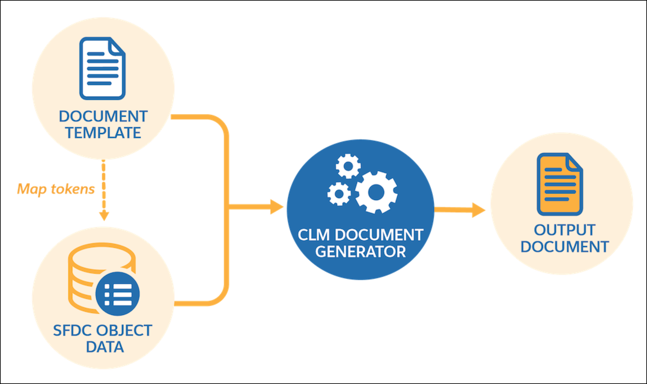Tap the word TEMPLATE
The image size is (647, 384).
[103, 133]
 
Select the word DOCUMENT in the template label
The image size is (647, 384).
[103, 116]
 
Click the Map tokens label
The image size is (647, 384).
[56, 189]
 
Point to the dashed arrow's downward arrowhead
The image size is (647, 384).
[104, 216]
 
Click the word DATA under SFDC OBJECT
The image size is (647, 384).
[105, 347]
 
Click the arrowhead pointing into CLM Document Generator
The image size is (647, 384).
[277, 207]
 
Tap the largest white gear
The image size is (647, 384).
[376, 192]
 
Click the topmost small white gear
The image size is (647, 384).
[348, 166]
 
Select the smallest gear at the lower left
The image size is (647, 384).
[338, 194]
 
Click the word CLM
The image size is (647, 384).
[314, 235]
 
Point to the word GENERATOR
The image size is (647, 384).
[360, 252]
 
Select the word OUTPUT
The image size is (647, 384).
[565, 230]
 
